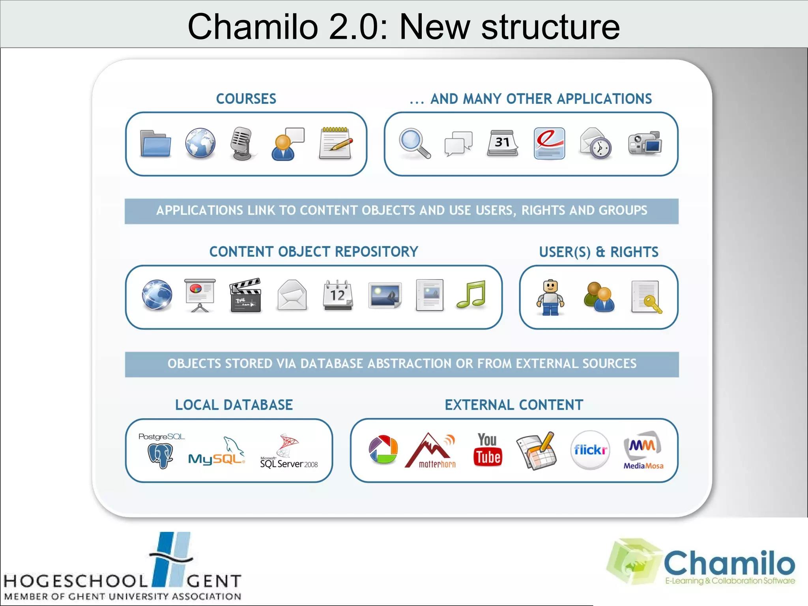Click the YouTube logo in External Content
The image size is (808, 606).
coord(488,450)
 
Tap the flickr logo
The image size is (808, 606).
coord(590,450)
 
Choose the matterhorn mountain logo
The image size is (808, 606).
coord(431,451)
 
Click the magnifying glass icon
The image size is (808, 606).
coord(414,143)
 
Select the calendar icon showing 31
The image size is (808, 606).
coord(503,143)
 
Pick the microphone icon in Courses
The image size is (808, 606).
coord(242,143)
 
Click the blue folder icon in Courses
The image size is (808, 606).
coord(155,144)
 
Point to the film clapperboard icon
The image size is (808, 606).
coord(245,295)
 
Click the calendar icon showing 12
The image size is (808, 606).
coord(338,295)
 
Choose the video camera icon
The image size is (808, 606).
coord(645,143)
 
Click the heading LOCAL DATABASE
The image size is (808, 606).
coord(234,405)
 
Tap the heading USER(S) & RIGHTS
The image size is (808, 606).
coord(599,252)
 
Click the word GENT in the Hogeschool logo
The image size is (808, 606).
coord(214,581)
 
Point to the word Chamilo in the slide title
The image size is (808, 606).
coord(252,27)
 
